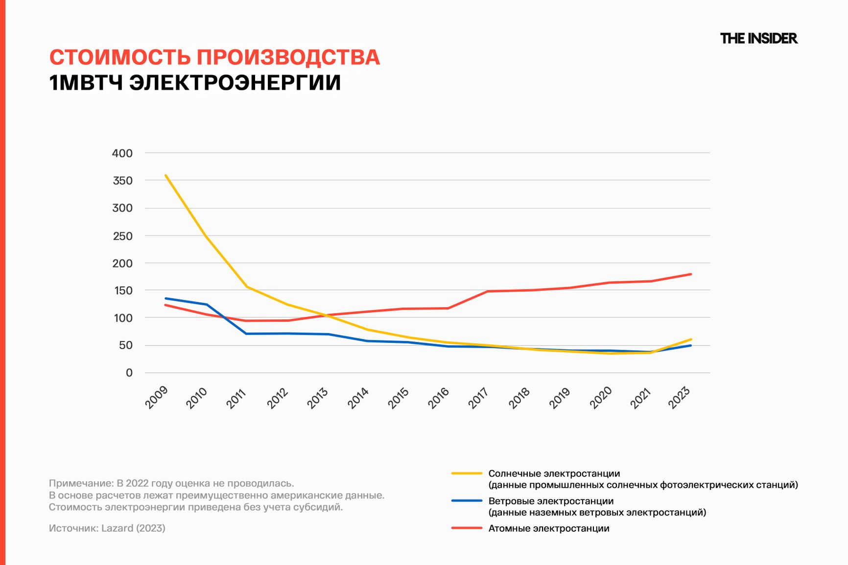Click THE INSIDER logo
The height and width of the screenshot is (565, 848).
758,38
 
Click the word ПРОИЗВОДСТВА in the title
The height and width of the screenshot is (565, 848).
288,57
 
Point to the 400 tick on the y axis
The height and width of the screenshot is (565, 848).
122,153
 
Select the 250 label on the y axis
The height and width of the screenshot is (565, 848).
122,236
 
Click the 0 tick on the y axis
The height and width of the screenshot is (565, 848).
129,373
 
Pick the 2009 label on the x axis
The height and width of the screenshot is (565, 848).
157,397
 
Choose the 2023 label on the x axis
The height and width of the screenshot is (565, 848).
680,397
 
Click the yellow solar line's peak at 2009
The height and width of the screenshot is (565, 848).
165,175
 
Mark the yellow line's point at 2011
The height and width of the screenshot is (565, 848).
247,287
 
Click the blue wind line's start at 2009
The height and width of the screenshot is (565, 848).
165,298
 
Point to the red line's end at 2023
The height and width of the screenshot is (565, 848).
690,274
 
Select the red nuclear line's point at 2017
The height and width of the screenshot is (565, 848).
488,291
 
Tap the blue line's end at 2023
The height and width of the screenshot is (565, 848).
690,345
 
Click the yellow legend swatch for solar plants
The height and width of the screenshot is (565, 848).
467,474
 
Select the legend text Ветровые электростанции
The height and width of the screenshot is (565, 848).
551,501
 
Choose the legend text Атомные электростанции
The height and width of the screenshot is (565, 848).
549,528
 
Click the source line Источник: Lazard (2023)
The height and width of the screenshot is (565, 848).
107,528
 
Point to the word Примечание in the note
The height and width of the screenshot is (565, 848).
80,483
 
